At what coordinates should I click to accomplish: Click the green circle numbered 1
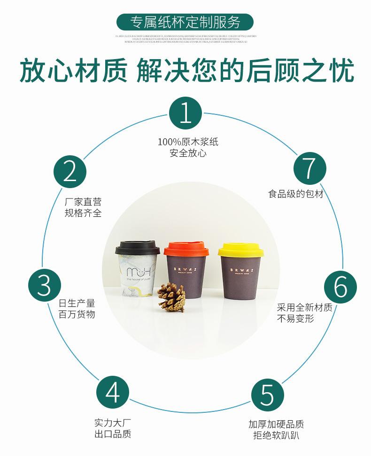[185, 114]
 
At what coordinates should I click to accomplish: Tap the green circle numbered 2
[70, 172]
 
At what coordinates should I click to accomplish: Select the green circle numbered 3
[45, 285]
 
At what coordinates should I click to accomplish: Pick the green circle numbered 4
[113, 393]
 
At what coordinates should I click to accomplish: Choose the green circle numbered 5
[267, 395]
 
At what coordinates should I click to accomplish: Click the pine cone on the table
[171, 297]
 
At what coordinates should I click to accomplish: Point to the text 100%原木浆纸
[188, 142]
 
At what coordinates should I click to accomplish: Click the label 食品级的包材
[296, 194]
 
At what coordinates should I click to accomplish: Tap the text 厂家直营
[83, 202]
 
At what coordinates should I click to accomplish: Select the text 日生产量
[77, 303]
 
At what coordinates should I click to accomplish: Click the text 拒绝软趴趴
[276, 436]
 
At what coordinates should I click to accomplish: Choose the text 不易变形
[295, 319]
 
